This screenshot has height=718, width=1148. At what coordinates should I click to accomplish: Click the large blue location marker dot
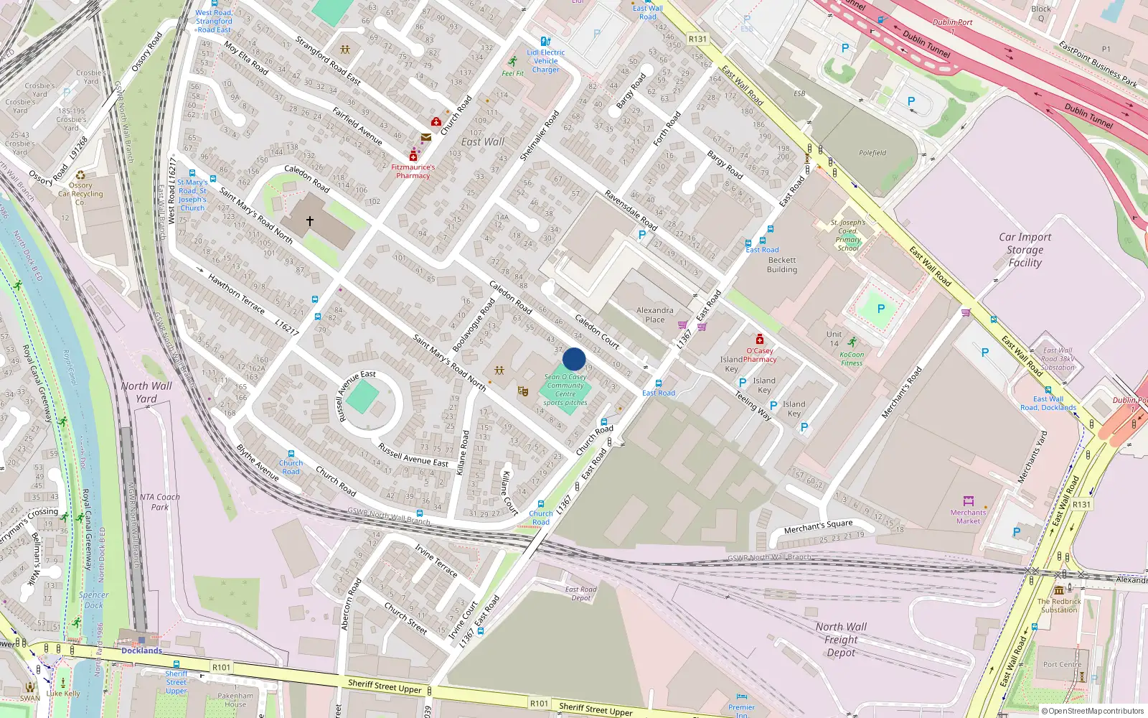point(574,359)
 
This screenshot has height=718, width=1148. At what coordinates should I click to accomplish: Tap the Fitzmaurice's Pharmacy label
point(413,171)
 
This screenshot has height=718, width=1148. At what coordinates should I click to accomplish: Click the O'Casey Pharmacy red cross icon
point(759,339)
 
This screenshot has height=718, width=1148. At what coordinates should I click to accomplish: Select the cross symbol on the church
point(310,221)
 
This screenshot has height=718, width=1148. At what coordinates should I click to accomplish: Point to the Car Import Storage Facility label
point(1025,250)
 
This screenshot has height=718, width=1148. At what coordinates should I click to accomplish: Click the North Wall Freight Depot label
point(841,639)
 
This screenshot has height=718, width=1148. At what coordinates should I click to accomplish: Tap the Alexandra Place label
point(654,314)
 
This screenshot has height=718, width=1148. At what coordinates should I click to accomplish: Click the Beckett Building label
point(781,265)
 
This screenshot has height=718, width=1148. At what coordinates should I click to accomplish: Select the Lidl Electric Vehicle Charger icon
point(545,42)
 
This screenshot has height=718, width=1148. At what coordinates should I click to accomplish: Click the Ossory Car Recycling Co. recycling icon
point(80,175)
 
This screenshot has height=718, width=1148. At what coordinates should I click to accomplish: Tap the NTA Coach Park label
point(159,501)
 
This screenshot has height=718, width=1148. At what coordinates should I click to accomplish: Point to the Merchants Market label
point(968,516)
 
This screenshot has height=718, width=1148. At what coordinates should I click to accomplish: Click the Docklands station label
point(141,651)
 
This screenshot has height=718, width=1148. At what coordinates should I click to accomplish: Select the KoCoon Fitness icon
point(852,342)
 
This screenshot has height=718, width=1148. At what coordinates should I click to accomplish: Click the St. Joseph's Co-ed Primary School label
point(848,235)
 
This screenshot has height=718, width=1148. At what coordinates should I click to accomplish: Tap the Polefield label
point(872,153)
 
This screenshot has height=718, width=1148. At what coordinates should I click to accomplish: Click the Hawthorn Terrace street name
point(236,294)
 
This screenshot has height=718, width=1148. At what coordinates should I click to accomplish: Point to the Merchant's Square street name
point(818,526)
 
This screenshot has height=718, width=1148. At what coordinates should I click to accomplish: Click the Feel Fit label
point(512,73)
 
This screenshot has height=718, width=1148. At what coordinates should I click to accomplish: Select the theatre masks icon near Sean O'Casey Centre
point(523,391)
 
